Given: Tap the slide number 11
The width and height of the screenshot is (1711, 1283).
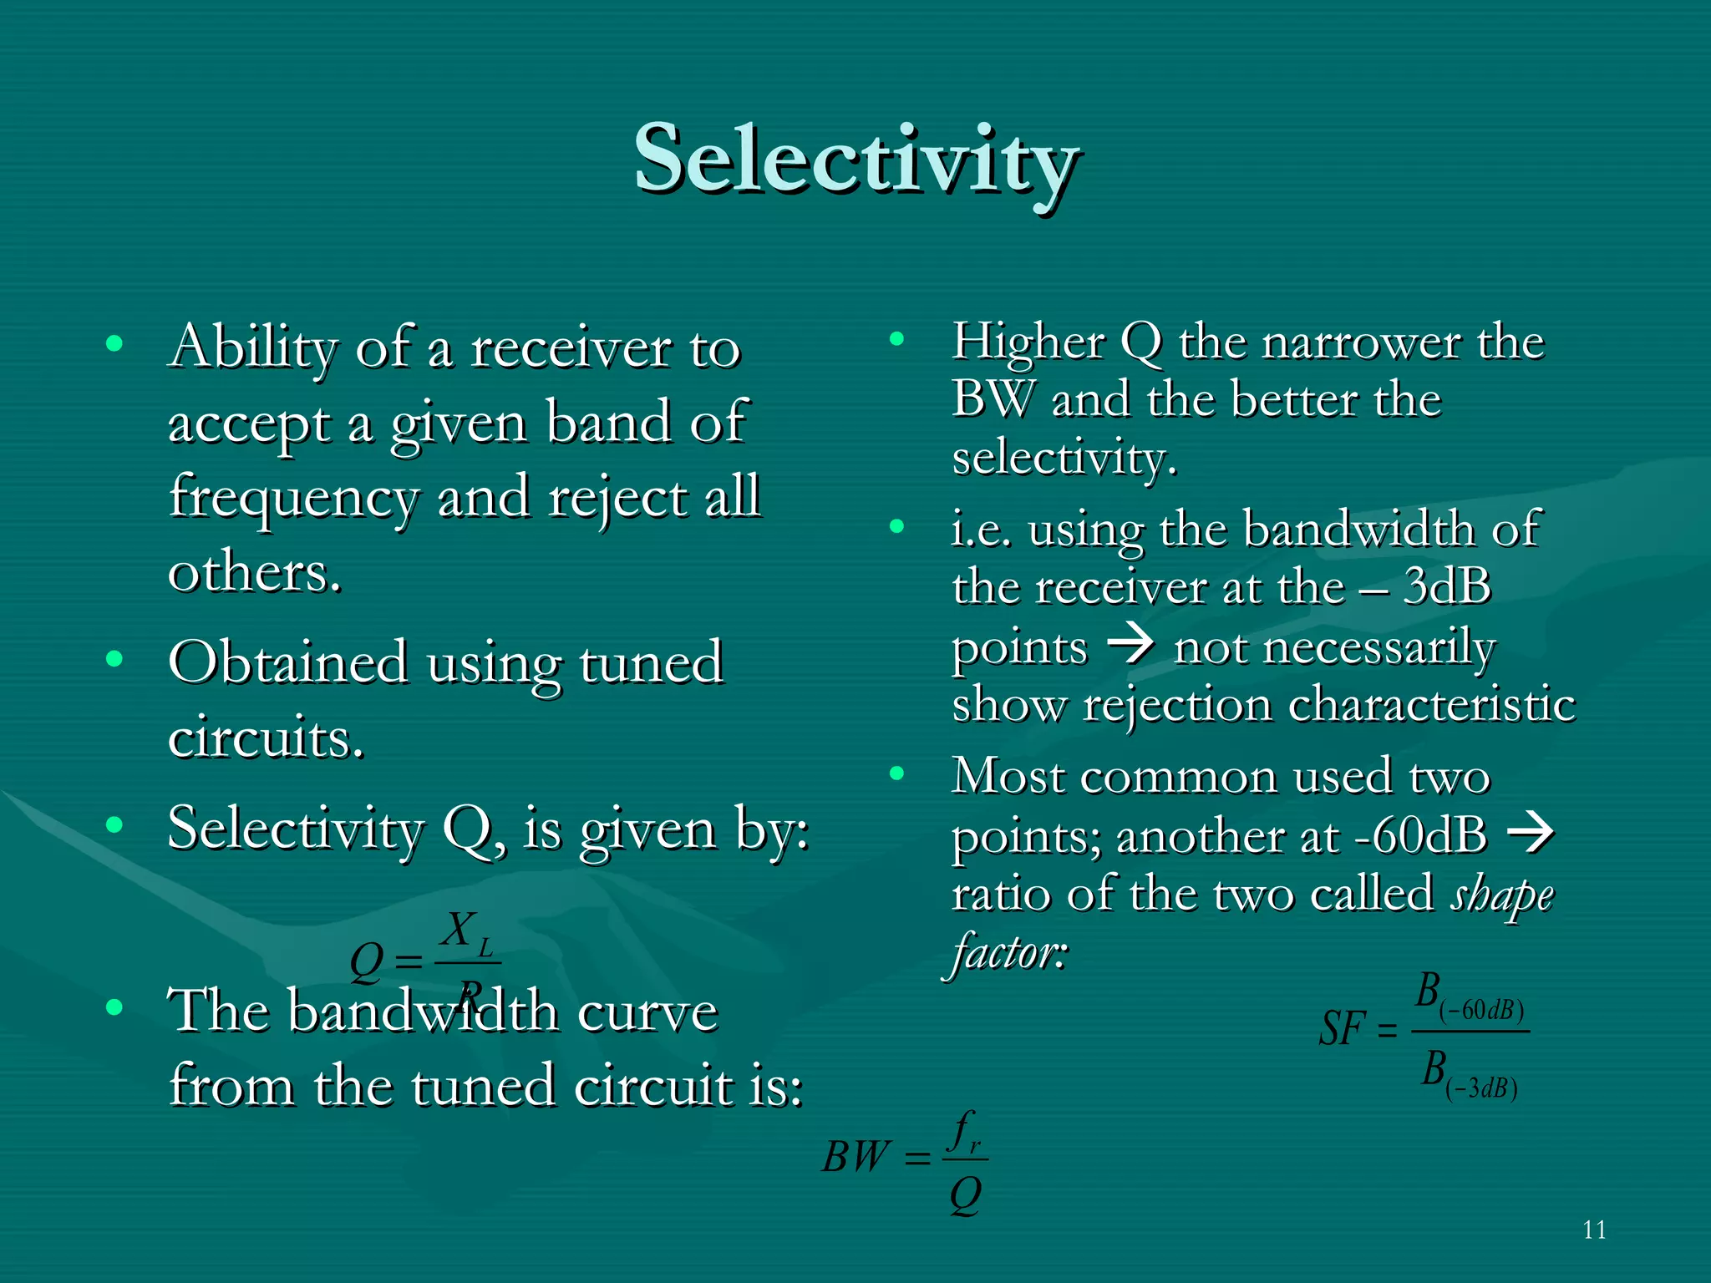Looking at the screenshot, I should coord(1594,1230).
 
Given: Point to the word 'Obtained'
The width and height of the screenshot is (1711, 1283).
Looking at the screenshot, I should coord(287,663).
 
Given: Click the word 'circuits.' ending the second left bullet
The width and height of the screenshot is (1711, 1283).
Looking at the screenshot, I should coord(266,738).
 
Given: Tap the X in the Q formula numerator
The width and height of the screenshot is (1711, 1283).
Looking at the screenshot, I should coord(458,929).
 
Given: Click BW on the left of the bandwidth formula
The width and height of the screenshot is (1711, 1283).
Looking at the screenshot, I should coord(855,1158).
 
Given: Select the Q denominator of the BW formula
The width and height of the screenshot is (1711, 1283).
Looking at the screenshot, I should coord(966,1196).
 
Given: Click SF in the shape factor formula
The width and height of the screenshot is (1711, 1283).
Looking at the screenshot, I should coord(1342,1029).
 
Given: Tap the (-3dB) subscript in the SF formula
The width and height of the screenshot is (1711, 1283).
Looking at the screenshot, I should coord(1480,1088).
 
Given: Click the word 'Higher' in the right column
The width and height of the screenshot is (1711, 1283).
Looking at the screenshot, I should coord(1028,342).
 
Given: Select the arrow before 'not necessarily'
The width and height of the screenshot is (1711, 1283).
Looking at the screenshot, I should coord(1130,645).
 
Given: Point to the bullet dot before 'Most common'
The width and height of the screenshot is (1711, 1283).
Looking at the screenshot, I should coord(897,773).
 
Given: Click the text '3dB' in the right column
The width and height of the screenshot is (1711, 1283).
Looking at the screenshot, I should coord(1447,586).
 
